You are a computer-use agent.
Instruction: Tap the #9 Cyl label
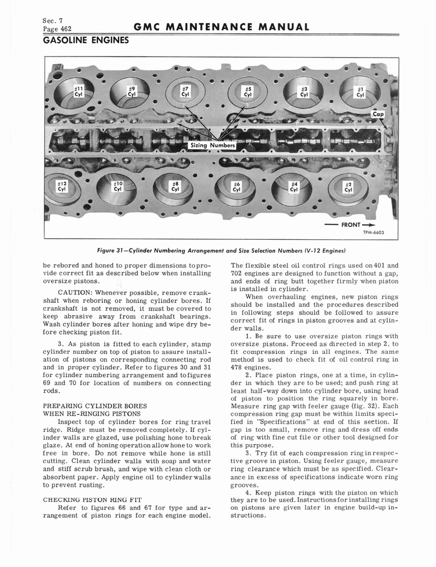131,91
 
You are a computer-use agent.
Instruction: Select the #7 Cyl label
186,91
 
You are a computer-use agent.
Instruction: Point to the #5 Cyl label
249,91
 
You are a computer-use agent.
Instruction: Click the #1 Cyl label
361,91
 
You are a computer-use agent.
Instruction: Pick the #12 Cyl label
62,185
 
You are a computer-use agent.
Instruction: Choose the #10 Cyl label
118,185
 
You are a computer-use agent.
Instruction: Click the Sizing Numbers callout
213,146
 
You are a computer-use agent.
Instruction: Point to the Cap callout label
378,115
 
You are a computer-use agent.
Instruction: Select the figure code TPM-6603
373,233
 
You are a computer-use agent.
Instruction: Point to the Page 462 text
57,28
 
